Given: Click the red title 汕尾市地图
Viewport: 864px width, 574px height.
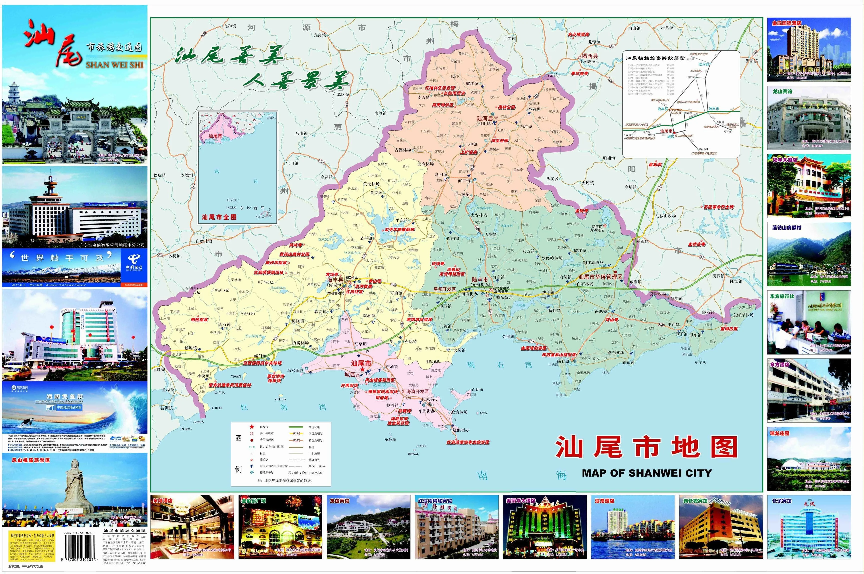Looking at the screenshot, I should coord(646,447).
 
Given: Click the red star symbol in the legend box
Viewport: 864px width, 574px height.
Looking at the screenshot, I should coord(252,427).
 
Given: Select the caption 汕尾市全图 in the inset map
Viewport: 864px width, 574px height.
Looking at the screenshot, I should coord(219,217).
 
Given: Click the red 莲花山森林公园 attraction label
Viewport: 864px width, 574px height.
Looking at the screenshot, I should coord(295,254).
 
